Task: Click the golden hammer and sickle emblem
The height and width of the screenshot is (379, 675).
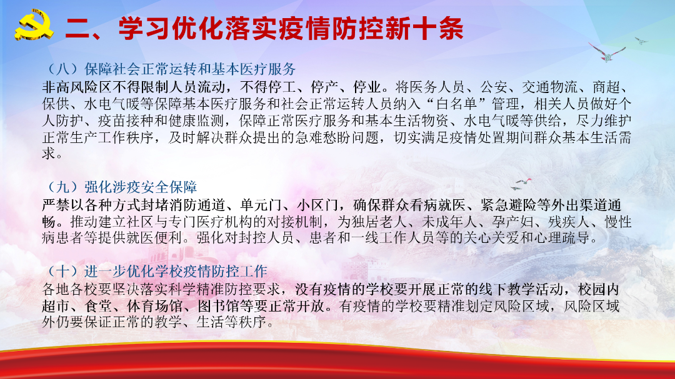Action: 34,26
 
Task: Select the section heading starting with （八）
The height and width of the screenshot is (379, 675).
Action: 169,69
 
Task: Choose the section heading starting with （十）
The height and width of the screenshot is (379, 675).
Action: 155,271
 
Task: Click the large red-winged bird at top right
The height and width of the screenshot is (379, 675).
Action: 606,52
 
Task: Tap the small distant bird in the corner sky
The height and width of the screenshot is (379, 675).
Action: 641,41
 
